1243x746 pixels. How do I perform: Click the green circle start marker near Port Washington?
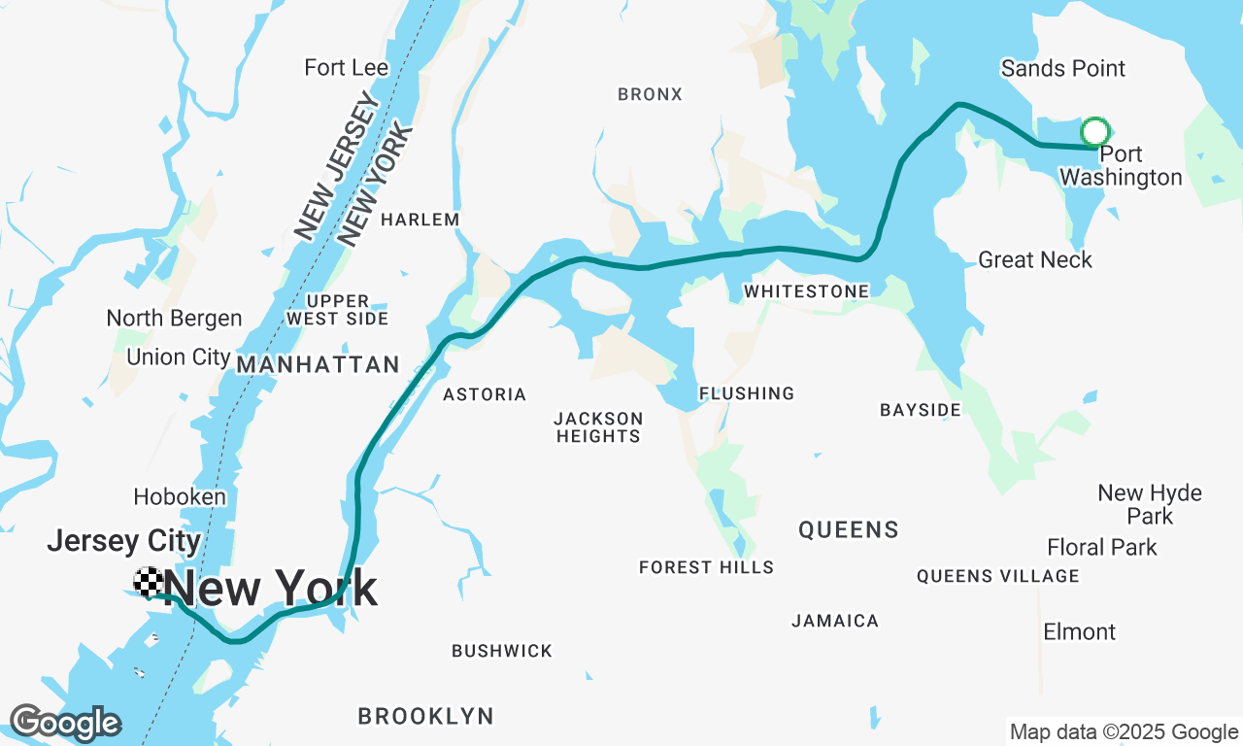coord(1095,132)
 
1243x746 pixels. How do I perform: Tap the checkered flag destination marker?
coord(149,581)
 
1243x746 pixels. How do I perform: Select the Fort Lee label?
coord(347,68)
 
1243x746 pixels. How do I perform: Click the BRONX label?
coord(651,94)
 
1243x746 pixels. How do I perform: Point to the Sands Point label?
coord(1063,68)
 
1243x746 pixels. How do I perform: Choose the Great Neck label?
coord(1035,259)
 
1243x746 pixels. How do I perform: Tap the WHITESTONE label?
coord(807,291)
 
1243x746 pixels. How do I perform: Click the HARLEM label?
coord(420,220)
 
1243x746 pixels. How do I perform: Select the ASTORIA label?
coord(485,394)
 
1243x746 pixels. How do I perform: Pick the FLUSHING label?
coord(747,393)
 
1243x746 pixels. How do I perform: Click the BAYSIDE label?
coord(921,410)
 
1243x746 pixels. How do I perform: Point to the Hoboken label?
coord(180,496)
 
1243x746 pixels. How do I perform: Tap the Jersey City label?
coord(124,541)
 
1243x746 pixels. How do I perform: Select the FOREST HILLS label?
coord(707,567)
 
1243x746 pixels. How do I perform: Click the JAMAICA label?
coord(835,621)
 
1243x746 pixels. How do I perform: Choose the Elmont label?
coord(1080,632)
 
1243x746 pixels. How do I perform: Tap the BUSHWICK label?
coord(502,651)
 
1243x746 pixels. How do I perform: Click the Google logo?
coord(65,723)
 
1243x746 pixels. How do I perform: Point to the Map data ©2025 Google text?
coord(1125,732)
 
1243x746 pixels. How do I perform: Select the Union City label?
coord(179,356)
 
